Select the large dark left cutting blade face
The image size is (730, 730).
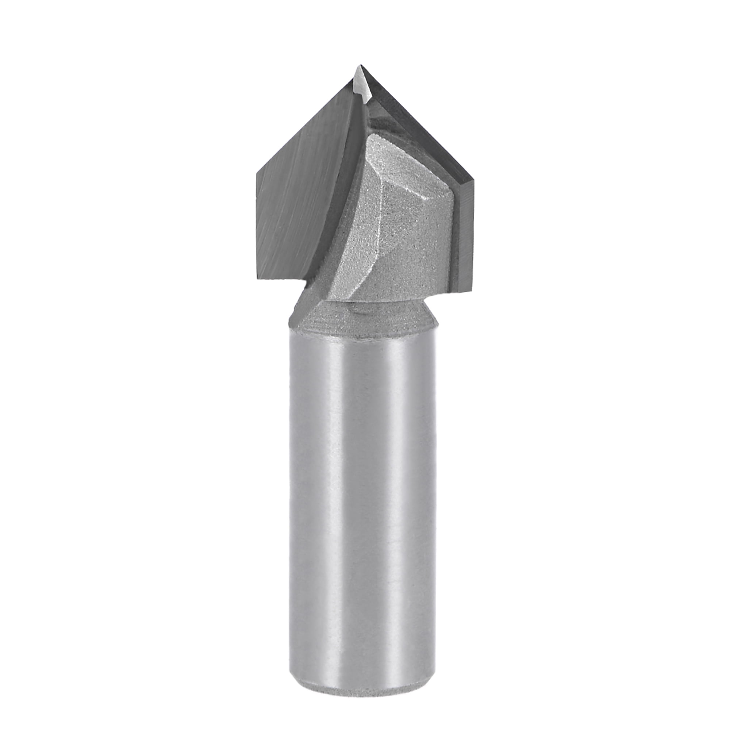click(x=302, y=196)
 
